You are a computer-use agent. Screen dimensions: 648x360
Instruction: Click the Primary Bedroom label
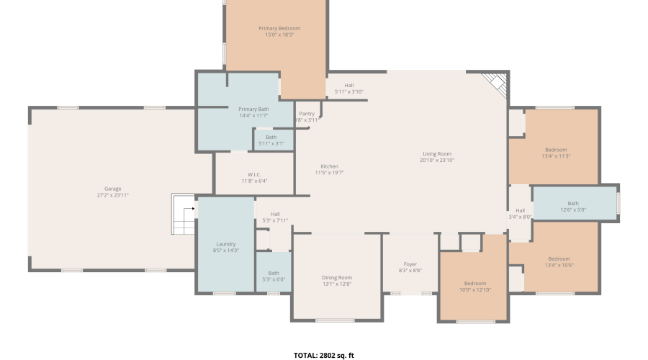coord(279,28)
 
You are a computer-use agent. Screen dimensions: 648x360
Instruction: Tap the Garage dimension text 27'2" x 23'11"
coord(113,195)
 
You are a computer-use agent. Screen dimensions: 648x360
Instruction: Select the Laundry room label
coord(226,244)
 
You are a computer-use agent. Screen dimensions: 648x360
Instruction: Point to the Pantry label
coord(307,114)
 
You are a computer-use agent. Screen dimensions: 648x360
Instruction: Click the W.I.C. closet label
coord(254,174)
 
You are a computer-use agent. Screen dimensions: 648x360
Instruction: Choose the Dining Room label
coord(337,278)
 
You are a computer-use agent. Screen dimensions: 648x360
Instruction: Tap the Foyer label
coord(410,264)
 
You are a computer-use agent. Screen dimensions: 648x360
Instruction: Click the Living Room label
coord(437,154)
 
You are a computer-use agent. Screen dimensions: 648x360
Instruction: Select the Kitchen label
coord(329,166)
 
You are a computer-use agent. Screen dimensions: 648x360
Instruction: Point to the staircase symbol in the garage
coord(184,214)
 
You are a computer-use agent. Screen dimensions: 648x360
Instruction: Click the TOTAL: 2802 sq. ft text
coord(324,356)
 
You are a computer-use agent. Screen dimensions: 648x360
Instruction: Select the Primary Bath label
coord(253,109)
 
